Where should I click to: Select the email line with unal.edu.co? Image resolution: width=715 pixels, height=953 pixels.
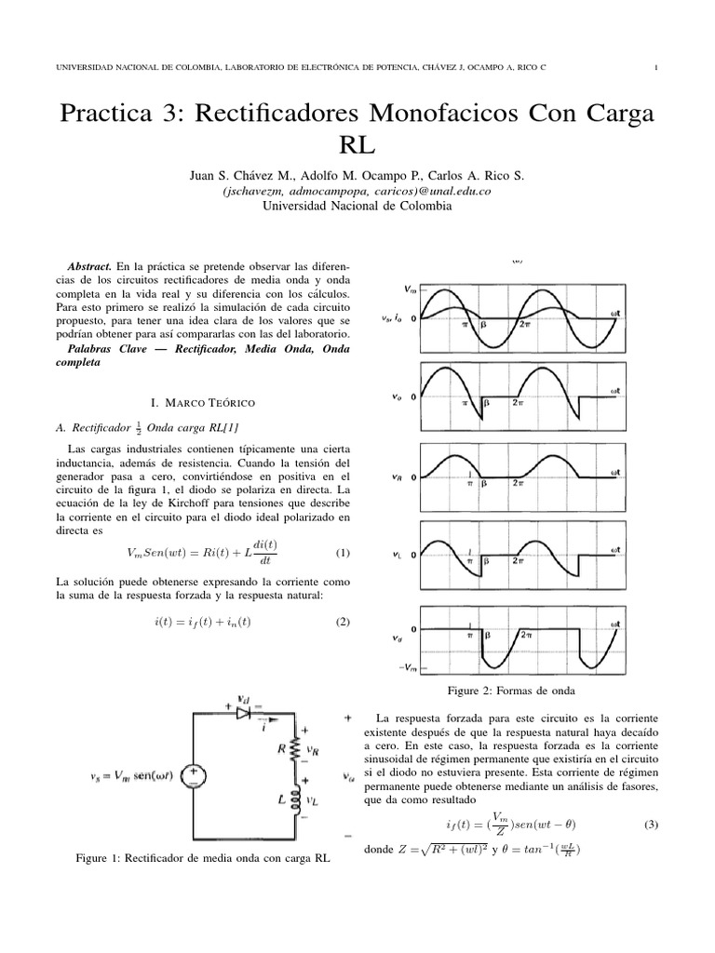(357, 190)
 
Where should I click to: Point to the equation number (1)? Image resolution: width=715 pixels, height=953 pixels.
(342, 553)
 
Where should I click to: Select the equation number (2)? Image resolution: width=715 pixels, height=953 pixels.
(342, 622)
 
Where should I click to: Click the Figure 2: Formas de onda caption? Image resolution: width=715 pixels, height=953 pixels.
(511, 691)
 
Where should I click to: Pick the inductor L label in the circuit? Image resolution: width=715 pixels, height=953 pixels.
(281, 798)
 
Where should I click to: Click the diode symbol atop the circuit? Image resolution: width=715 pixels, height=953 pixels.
(245, 713)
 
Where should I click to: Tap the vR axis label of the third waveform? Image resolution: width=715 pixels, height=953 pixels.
(398, 477)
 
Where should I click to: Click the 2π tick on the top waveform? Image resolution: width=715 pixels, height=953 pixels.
(526, 324)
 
